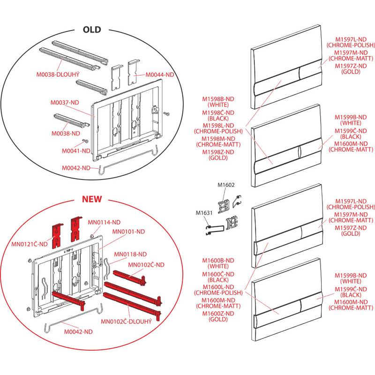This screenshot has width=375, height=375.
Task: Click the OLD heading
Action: (x=92, y=30)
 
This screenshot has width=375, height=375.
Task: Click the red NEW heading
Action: (x=92, y=199)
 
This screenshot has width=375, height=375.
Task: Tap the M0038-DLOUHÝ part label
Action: (x=58, y=75)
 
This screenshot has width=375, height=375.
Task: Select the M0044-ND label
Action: (x=160, y=75)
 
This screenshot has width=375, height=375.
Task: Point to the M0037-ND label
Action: (x=65, y=102)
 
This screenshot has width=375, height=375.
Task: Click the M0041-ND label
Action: (x=76, y=151)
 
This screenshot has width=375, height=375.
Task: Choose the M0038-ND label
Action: (x=66, y=134)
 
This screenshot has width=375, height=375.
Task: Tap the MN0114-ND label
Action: (x=104, y=222)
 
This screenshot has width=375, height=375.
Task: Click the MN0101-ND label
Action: (x=128, y=232)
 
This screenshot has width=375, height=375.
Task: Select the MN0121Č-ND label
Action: (x=30, y=244)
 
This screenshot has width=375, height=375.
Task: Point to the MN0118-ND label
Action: (x=130, y=254)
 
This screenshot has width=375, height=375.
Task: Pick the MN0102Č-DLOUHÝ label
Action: (x=126, y=321)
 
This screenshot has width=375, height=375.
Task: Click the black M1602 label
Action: (x=226, y=185)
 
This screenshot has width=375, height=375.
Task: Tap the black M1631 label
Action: (x=204, y=213)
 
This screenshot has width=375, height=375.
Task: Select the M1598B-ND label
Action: (x=218, y=99)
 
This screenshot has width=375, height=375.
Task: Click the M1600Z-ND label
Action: (x=218, y=313)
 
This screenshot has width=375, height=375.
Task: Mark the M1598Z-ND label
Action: (x=218, y=152)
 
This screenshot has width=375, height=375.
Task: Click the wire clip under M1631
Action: (x=214, y=230)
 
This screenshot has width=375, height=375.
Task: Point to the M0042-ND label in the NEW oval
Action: (x=78, y=332)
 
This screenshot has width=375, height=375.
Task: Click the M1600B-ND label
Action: (x=218, y=261)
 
